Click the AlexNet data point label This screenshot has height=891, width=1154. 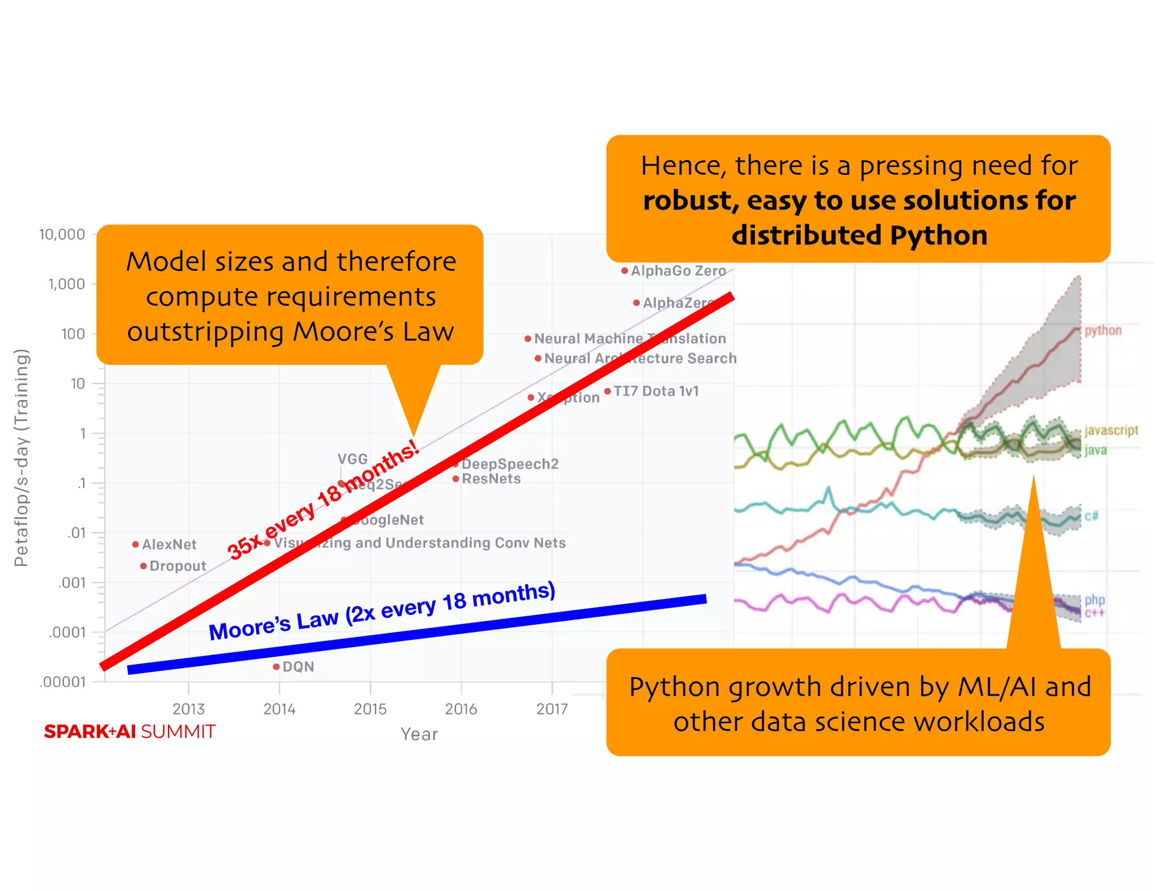[169, 545]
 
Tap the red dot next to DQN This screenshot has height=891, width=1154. [276, 667]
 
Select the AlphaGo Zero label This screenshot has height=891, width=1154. [678, 271]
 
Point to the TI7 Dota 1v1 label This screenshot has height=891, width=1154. [656, 391]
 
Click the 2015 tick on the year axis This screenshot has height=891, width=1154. [370, 709]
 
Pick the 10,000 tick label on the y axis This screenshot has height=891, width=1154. [62, 234]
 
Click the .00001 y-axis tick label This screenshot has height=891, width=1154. [63, 682]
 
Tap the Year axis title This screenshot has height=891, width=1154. [419, 734]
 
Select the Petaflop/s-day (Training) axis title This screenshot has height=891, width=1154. [21, 457]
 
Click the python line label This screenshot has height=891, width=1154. [1103, 331]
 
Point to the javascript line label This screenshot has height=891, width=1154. [1111, 431]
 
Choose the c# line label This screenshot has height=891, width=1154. [1091, 516]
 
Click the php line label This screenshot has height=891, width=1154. [1094, 600]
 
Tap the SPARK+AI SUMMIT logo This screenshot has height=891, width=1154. [130, 732]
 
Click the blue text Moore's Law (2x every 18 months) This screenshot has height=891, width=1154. [382, 612]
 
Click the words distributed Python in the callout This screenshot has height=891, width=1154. [859, 235]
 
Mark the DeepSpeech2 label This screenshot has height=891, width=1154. [510, 464]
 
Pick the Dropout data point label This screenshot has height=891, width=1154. [177, 566]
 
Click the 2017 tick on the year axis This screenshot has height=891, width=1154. [552, 709]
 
